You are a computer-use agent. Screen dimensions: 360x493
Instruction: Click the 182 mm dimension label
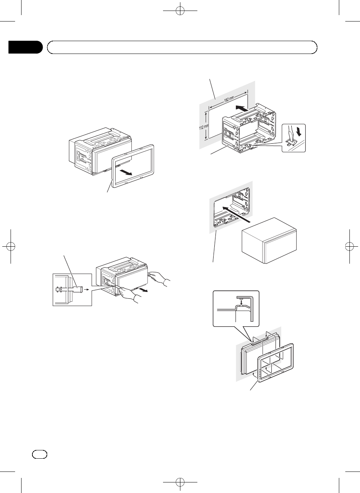(229, 99)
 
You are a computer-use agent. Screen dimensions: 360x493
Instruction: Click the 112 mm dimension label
(204, 127)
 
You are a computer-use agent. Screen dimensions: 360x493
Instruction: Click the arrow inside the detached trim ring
(126, 172)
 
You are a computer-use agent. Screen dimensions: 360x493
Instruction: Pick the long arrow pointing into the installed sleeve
(236, 214)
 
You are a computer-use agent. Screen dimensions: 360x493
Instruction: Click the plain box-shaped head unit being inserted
(269, 240)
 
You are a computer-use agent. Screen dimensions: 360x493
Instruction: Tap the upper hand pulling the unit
(159, 278)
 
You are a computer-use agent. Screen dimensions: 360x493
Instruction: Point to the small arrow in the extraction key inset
(88, 290)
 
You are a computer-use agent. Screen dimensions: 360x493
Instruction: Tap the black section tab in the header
(25, 47)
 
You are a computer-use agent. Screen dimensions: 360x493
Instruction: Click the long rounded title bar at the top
(182, 47)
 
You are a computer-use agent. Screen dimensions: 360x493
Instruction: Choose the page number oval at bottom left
(40, 454)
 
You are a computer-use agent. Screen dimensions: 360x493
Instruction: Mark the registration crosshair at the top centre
(180, 11)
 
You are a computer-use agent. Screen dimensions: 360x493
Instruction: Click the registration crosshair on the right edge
(349, 247)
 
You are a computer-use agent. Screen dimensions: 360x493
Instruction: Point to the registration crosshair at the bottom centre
(180, 482)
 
